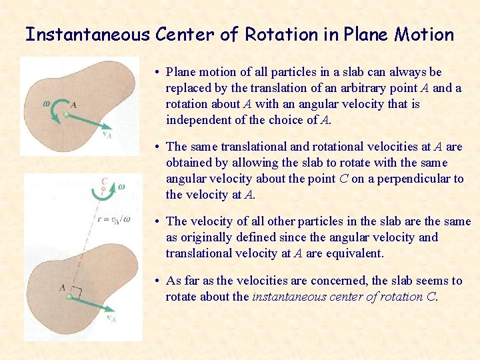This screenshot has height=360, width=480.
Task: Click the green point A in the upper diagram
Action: pyautogui.click(x=67, y=115)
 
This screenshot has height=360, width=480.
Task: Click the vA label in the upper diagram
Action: pyautogui.click(x=107, y=135)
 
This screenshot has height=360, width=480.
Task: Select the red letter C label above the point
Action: pyautogui.click(x=104, y=181)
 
